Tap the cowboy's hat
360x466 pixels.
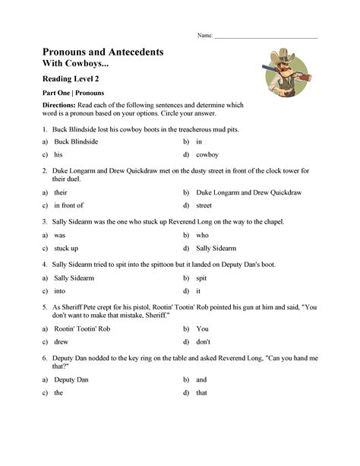point(283,55)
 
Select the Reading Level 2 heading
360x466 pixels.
point(71,78)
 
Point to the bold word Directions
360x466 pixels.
point(58,105)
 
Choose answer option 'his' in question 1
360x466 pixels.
point(58,154)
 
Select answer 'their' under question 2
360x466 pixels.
point(61,193)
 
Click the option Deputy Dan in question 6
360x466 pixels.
point(71,379)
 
